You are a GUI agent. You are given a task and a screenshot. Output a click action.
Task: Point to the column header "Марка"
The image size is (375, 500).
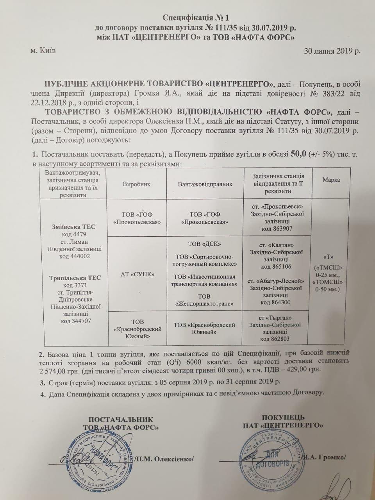pos(331,180)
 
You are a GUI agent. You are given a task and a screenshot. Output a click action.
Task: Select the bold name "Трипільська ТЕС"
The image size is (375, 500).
pos(75,278)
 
